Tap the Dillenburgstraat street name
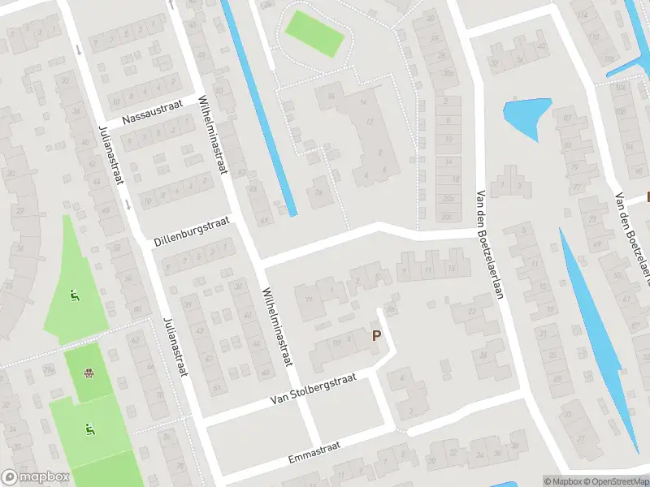click(193, 231)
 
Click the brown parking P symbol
click(376, 335)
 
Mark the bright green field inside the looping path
click(314, 32)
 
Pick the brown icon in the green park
click(88, 374)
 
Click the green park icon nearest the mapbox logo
click(88, 428)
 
